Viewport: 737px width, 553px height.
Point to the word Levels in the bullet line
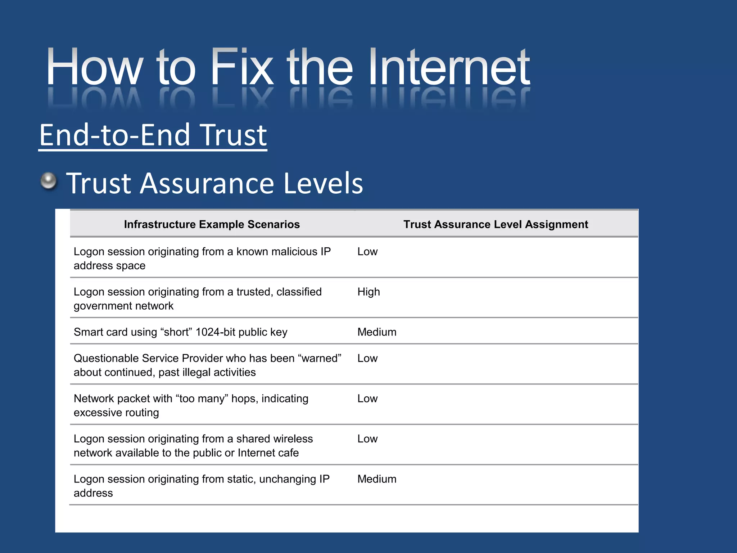[323, 183]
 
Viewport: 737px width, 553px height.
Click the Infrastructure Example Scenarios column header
[212, 224]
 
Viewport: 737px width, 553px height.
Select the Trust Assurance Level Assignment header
[496, 224]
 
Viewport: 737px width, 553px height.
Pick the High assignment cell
[368, 292]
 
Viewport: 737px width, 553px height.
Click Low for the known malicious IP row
[367, 251]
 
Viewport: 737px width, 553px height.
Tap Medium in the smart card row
[377, 332]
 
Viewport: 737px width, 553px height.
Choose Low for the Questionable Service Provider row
[367, 358]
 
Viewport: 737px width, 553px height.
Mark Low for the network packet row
[367, 399]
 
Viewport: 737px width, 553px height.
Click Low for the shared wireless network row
[367, 439]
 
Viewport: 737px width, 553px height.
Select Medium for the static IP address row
[377, 479]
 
